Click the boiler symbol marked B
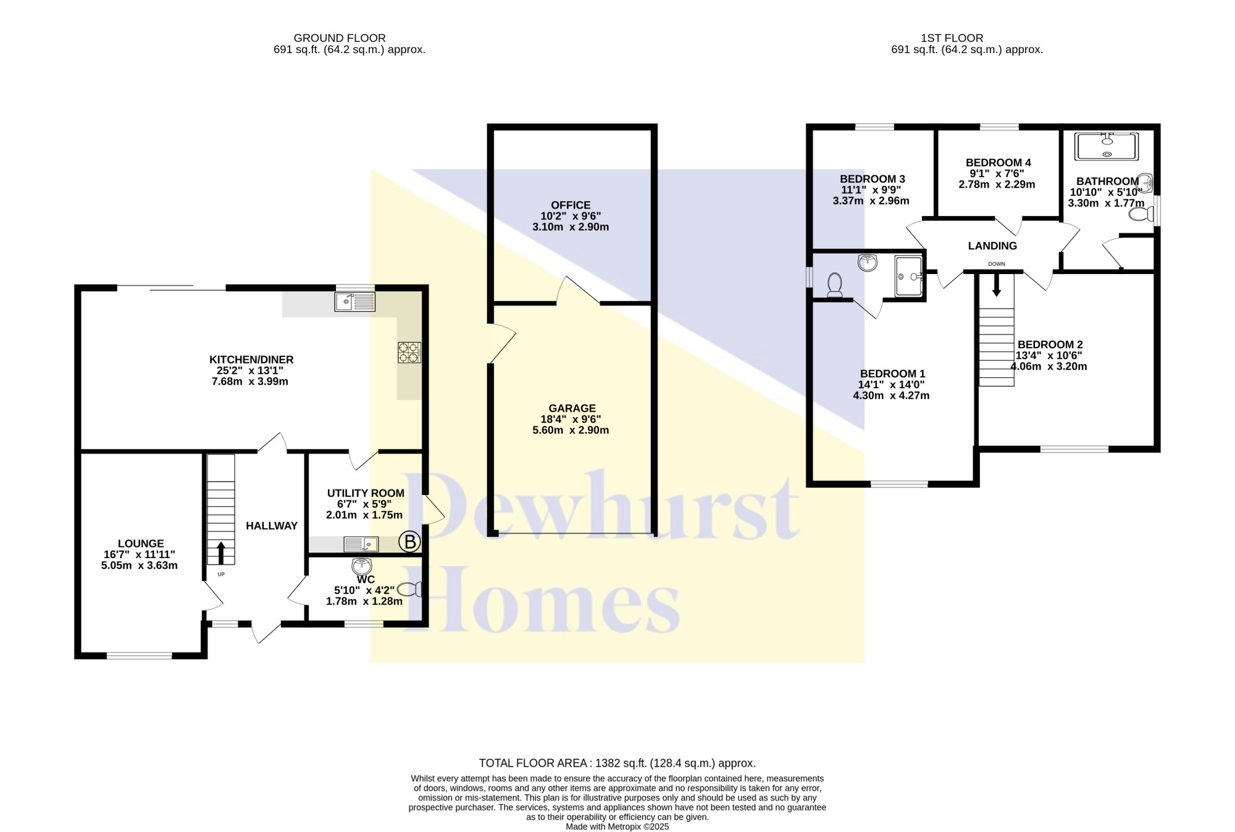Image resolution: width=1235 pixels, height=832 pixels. pos(409,542)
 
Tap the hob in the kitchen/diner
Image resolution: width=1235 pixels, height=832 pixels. pos(409,352)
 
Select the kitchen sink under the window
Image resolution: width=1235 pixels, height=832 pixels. pos(355,302)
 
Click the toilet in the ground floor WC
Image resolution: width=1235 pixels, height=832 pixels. pos(410,589)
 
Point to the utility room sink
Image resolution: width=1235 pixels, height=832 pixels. pos(361,544)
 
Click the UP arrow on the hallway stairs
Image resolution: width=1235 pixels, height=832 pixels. pos(221,553)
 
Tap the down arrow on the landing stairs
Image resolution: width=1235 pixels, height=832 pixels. pos(996,286)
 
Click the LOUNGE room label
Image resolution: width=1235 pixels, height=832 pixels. pos(141,544)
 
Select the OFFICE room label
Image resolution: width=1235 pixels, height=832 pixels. pos(571,205)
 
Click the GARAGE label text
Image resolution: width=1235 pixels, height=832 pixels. pos(572,408)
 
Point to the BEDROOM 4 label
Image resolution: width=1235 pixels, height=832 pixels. pos(998,162)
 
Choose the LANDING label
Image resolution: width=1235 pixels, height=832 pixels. pos(992,246)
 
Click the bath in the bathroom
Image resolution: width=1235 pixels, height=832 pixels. pos(1107,146)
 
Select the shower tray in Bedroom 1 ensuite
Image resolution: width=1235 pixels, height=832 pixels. pos(909,276)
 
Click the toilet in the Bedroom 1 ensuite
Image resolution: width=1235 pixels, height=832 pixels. pos(835,285)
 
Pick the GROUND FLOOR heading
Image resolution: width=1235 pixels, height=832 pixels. pos(340,38)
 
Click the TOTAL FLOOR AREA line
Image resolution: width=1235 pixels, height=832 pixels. pos(617,763)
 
